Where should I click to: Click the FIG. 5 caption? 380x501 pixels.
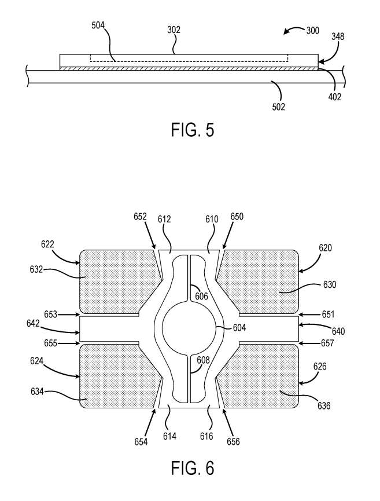(x=193, y=130)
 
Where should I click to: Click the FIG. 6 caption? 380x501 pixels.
(x=193, y=468)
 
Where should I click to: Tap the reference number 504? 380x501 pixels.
(x=98, y=25)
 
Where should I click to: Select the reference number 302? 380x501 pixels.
(x=174, y=30)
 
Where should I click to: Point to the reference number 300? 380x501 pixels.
(x=313, y=31)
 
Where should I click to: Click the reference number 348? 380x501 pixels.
(x=338, y=36)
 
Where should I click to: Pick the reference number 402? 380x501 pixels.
(x=335, y=97)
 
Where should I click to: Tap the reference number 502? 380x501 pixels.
(x=278, y=107)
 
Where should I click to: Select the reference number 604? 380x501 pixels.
(x=239, y=327)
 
